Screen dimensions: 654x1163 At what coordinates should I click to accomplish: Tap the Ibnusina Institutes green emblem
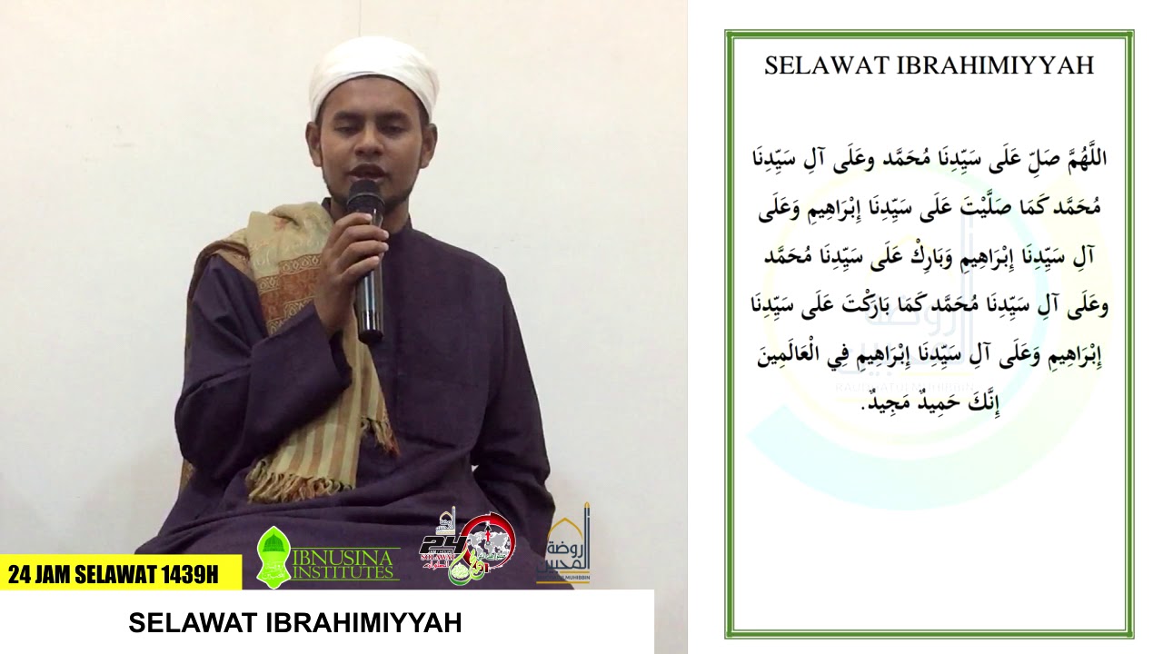274,554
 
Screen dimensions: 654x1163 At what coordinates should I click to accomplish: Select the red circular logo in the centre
487,541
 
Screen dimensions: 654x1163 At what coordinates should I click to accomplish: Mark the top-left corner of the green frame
727,33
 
